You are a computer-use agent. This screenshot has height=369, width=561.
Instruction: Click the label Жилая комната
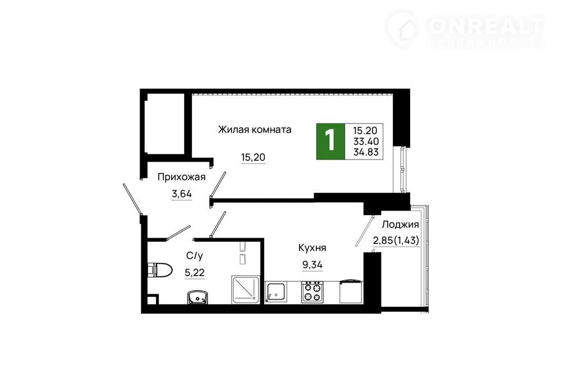(254, 129)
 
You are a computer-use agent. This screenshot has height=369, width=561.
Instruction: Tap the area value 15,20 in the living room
(253, 157)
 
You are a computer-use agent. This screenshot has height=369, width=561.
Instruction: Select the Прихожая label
(181, 177)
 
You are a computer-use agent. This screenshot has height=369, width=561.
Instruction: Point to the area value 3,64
(182, 194)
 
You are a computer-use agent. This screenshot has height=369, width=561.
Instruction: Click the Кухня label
(312, 248)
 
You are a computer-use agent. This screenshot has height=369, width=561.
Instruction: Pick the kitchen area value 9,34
(312, 265)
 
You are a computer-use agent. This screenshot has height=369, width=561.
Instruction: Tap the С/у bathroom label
(195, 256)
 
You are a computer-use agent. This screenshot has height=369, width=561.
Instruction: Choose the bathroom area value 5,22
(195, 273)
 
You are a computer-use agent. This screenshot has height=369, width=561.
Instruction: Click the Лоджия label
(400, 225)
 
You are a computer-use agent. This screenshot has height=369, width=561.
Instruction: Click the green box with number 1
(330, 142)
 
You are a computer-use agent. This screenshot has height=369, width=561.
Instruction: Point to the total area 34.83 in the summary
(366, 152)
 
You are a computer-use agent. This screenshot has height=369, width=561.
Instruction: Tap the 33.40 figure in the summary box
(366, 142)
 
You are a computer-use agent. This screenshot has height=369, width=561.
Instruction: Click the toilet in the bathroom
(160, 270)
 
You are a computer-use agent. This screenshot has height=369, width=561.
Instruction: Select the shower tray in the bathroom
(245, 290)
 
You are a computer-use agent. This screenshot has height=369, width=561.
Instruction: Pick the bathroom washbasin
(197, 297)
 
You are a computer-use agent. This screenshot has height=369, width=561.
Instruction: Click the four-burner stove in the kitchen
(312, 292)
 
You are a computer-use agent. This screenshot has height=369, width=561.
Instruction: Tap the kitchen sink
(275, 292)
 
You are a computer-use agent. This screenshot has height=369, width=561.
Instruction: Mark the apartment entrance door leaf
(132, 199)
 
